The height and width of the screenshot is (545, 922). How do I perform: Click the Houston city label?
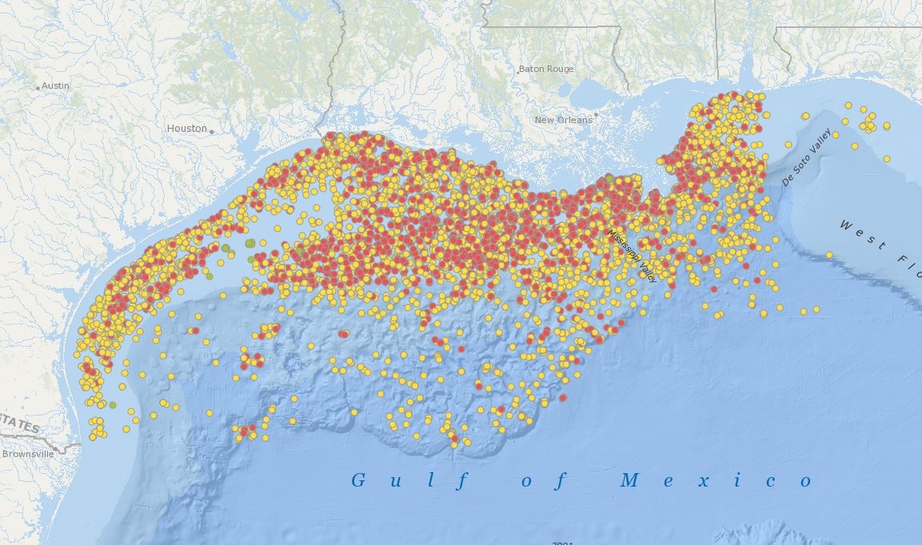[186, 129]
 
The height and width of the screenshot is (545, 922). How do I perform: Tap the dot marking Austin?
[38, 86]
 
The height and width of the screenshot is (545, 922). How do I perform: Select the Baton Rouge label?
[546, 70]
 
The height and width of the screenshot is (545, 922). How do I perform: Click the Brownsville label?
[28, 453]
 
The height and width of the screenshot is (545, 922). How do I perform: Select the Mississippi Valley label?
[631, 255]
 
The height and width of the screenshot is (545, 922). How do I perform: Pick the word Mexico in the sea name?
[716, 480]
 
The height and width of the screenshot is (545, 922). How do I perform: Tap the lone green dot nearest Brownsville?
[113, 405]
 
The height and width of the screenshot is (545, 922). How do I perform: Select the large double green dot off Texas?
[249, 243]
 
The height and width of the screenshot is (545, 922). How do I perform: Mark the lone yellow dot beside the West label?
[829, 255]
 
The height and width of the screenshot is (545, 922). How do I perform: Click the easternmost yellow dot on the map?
[887, 159]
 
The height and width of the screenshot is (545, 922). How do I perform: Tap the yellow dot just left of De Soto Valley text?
[788, 145]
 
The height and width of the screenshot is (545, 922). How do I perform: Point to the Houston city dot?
[211, 130]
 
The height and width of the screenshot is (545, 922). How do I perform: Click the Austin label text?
[56, 86]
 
